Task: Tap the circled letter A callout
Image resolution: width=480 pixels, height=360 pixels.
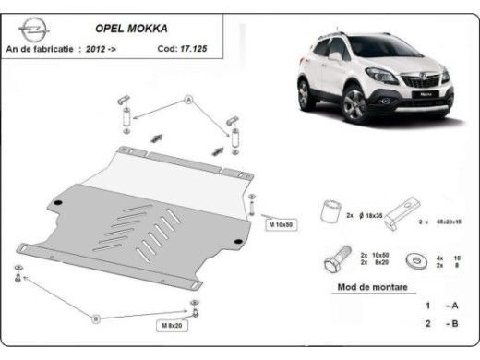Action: pos(189,98)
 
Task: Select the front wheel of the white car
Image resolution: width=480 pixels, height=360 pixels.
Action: pos(354,105)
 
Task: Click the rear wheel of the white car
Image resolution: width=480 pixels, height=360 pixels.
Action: pos(304,93)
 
